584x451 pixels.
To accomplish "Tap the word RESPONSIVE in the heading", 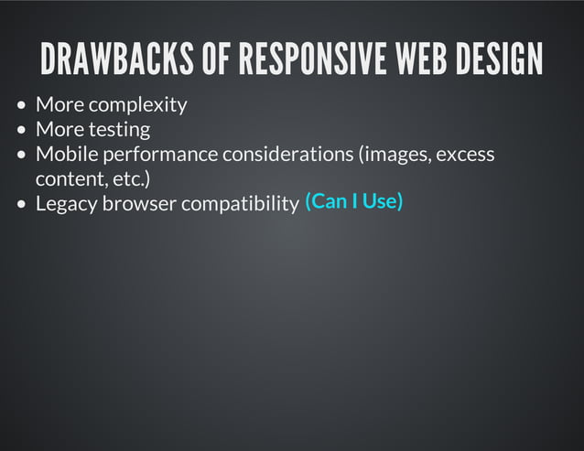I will [x=309, y=60].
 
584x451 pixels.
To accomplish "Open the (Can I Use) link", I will [x=353, y=200].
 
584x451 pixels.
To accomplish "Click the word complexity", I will [x=137, y=105].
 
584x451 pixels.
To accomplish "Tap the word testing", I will [x=119, y=130].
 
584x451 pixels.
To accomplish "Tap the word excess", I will [x=465, y=154].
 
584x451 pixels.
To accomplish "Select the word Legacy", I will [x=66, y=203].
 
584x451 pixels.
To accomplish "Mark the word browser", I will [x=139, y=203].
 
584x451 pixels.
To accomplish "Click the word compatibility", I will [x=240, y=203].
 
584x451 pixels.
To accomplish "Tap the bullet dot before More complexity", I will [x=23, y=105].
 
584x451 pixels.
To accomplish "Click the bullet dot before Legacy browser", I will [x=23, y=203].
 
